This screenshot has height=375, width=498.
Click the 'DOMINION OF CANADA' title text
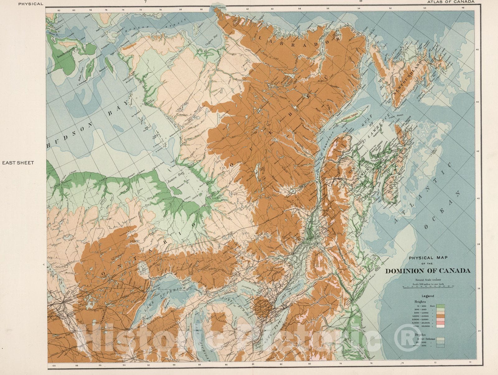[428, 271]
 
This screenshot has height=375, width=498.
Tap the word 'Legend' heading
[428, 296]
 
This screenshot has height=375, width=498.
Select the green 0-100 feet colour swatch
[440, 306]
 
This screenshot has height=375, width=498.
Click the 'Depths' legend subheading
[420, 335]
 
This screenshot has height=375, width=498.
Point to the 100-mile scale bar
[428, 286]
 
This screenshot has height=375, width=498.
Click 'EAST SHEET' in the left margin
[18, 163]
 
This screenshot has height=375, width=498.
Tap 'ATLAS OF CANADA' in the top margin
[450, 2]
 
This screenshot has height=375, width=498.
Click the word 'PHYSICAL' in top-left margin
[31, 4]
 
